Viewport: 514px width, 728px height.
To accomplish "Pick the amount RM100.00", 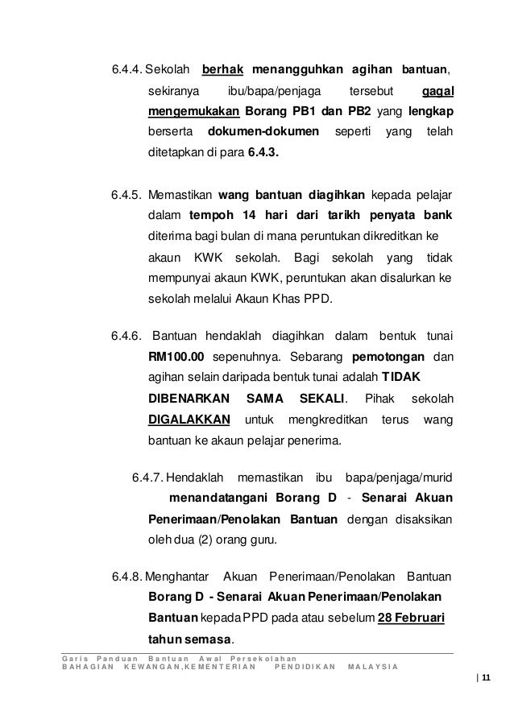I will [x=176, y=357].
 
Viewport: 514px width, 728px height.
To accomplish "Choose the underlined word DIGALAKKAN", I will [x=190, y=420].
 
